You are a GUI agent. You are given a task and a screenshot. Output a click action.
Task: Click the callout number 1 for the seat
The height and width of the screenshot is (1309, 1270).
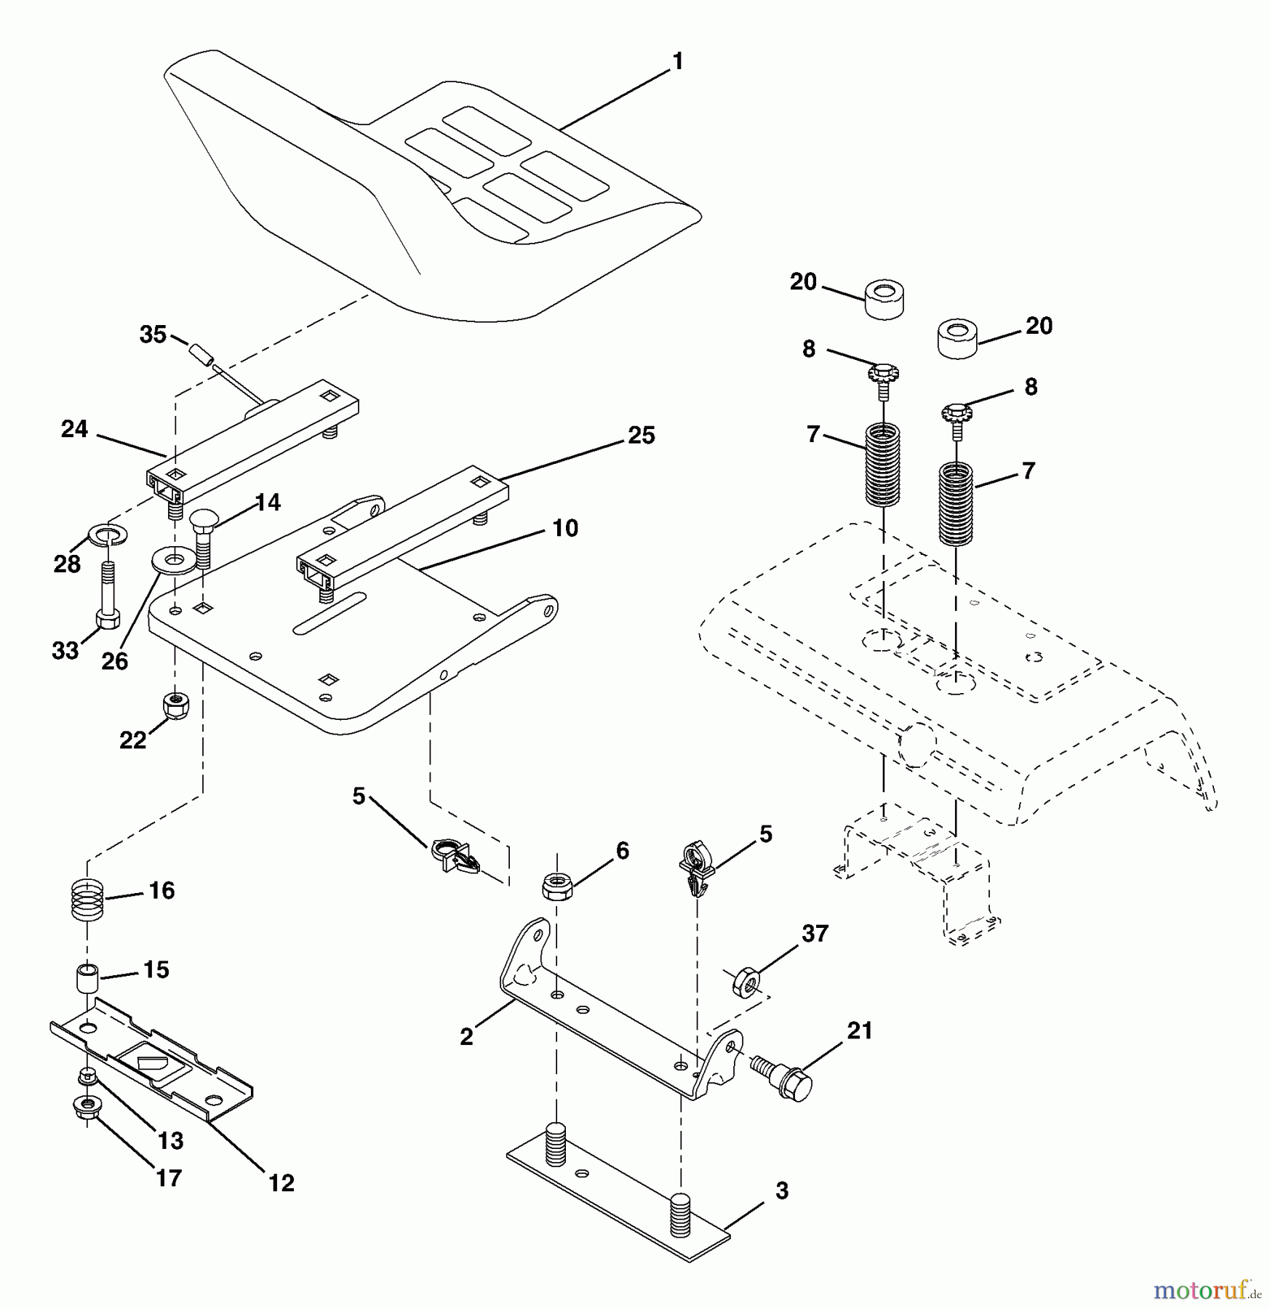(678, 62)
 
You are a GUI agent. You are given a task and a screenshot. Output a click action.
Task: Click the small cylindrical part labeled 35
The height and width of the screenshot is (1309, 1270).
(200, 354)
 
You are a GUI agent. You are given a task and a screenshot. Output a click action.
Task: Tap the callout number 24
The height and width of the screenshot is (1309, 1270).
(74, 429)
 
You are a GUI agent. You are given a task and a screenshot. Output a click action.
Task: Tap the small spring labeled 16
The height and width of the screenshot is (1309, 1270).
(87, 900)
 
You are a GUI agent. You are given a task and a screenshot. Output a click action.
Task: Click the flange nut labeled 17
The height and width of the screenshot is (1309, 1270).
(86, 1108)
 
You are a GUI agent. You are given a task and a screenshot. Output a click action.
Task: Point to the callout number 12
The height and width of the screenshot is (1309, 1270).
(281, 1183)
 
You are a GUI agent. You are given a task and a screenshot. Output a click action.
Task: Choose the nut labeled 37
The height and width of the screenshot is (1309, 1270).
(746, 982)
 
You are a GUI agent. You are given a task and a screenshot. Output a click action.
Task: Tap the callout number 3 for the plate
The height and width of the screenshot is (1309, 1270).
(781, 1191)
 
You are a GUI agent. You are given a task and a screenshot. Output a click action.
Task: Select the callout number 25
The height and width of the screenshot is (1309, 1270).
(641, 435)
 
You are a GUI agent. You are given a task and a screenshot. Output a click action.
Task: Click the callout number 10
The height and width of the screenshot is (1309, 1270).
(564, 527)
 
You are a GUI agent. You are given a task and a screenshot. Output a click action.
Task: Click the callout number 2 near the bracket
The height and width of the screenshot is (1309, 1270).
(466, 1036)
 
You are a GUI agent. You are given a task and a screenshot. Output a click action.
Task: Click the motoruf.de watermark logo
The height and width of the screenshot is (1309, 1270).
(1207, 1290)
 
